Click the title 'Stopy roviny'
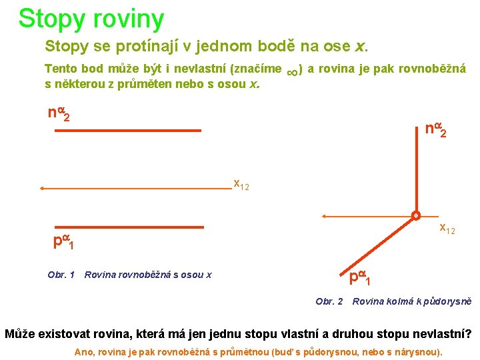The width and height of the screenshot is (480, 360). click(x=91, y=19)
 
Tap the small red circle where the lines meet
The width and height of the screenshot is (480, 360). click(x=415, y=216)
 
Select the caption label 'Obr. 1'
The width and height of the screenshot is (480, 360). click(x=61, y=275)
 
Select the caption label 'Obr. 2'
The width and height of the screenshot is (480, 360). click(x=329, y=301)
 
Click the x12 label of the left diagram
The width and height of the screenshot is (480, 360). click(x=241, y=185)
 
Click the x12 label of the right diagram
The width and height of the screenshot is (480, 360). click(x=447, y=229)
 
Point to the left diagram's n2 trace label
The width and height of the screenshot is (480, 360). click(x=59, y=114)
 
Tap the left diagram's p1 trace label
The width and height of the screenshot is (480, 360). click(x=63, y=241)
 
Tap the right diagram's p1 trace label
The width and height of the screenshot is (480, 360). click(x=358, y=277)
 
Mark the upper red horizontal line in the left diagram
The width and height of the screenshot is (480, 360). click(x=128, y=131)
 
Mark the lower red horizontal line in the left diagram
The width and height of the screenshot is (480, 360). click(x=128, y=227)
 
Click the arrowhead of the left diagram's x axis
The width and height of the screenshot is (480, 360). click(x=42, y=189)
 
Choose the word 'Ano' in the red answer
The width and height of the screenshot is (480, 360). click(x=85, y=351)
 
